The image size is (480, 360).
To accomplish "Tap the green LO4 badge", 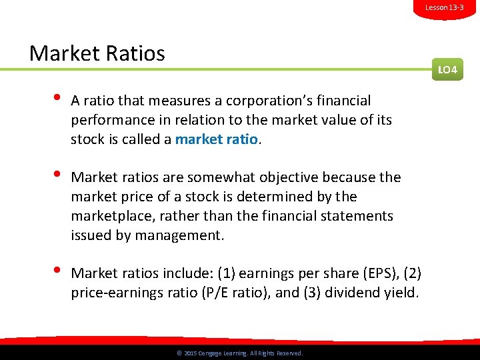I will tap(447, 69).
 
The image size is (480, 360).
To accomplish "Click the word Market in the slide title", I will tap(62, 53).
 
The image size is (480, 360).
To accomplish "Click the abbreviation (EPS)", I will tap(380, 273).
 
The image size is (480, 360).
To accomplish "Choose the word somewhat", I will tap(219, 177).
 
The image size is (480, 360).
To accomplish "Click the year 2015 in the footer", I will tap(190, 353).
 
